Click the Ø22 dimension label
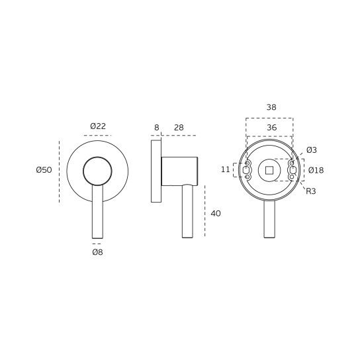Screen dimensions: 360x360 pyautogui.click(x=98, y=126)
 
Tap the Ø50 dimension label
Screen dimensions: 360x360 pyautogui.click(x=44, y=170)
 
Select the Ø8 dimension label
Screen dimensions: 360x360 pyautogui.click(x=97, y=252)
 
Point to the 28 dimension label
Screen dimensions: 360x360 pyautogui.click(x=179, y=128)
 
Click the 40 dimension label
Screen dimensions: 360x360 pyautogui.click(x=216, y=214)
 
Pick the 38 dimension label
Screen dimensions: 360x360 pyautogui.click(x=271, y=107)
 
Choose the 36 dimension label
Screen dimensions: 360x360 pyautogui.click(x=271, y=128)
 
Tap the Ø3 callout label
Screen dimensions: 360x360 pyautogui.click(x=312, y=150)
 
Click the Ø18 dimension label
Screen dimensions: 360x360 pyautogui.click(x=316, y=170)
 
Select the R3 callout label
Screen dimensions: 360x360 pyautogui.click(x=311, y=191)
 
